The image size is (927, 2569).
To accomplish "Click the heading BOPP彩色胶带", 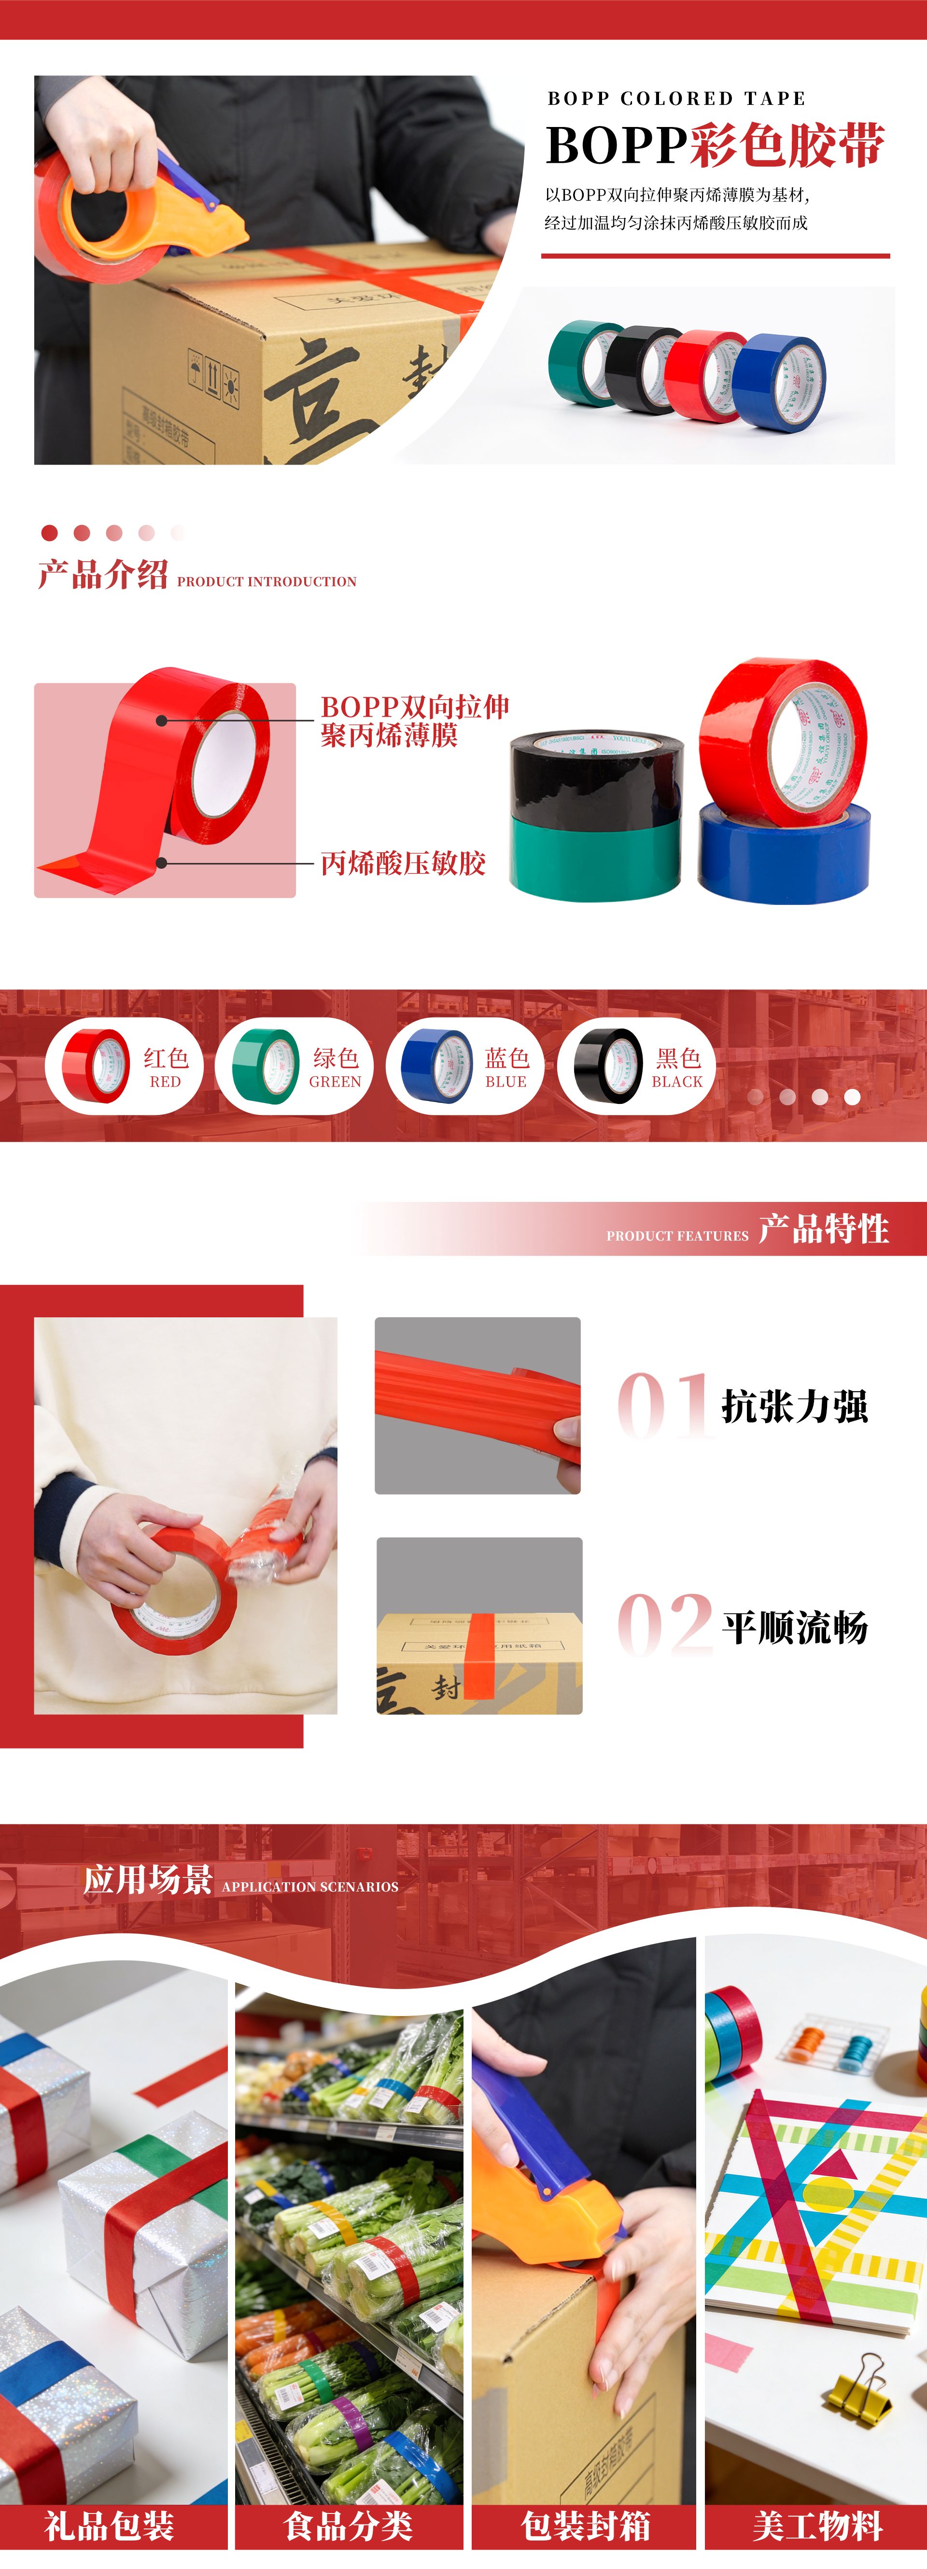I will click(715, 146).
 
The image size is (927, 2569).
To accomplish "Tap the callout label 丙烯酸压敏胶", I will click(403, 862).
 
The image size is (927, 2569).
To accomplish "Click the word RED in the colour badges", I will click(166, 1081).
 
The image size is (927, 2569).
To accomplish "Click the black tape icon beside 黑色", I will click(607, 1065).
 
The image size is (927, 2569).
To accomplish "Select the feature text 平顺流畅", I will click(794, 1626).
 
